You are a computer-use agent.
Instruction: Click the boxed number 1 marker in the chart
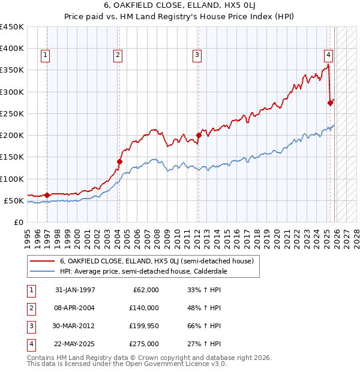[46, 55]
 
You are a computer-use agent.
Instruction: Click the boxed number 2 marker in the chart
[118, 55]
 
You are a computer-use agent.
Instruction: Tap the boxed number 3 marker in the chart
[197, 55]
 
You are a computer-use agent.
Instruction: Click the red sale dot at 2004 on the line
[119, 161]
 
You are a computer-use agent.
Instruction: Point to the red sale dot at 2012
[199, 136]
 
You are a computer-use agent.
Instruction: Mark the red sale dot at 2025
[330, 103]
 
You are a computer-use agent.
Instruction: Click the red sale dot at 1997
[47, 195]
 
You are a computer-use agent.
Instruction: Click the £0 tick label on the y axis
[19, 223]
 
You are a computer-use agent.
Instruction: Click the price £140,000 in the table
[144, 308]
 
